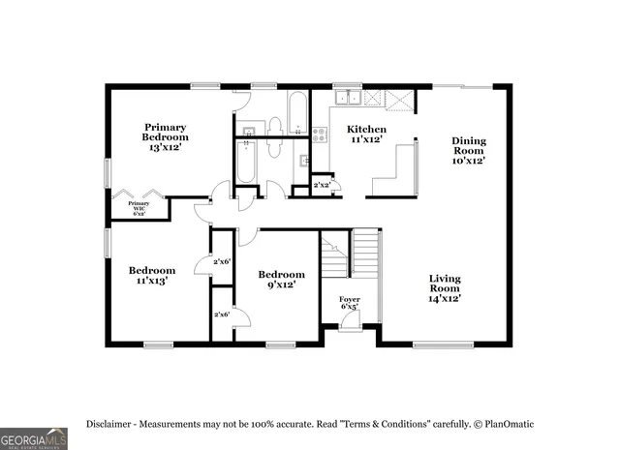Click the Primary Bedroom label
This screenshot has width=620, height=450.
tap(166, 136)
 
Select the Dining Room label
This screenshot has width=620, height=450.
tap(469, 150)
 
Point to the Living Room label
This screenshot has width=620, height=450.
tap(446, 288)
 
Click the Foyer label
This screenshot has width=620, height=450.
tap(349, 303)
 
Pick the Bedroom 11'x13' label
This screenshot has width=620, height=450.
tap(152, 276)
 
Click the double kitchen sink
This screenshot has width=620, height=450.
tap(350, 97)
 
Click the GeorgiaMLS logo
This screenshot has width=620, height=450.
tap(34, 437)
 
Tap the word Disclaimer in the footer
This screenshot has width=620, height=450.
tap(114, 424)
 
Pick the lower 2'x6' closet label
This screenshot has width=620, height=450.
tap(222, 314)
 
